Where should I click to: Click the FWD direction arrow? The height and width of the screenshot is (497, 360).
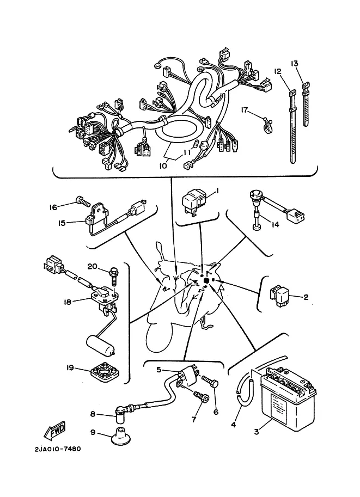coord(55,431)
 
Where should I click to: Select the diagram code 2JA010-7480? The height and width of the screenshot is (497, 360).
coord(58,449)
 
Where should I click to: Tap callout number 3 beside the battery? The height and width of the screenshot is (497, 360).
coord(257,431)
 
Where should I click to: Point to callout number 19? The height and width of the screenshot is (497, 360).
coord(70,367)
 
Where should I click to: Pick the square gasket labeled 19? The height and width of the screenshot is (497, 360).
coord(105,372)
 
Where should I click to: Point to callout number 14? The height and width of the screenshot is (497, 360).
coord(276,224)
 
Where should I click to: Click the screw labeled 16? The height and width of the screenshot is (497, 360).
coord(83,201)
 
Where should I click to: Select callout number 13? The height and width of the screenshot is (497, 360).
coord(294,63)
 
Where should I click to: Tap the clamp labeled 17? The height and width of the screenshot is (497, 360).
coord(267,125)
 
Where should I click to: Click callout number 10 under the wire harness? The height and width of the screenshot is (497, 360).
coord(163,165)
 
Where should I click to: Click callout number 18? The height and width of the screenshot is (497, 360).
coord(67,302)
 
